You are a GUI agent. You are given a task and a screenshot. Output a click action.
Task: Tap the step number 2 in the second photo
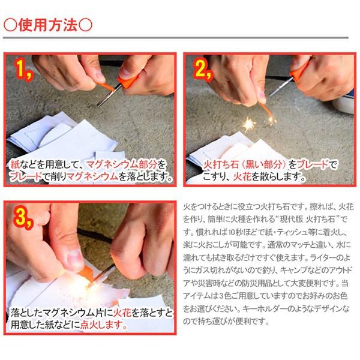pyautogui.click(x=202, y=72)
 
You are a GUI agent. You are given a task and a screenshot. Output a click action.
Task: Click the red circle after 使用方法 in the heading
pyautogui.click(x=86, y=25)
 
